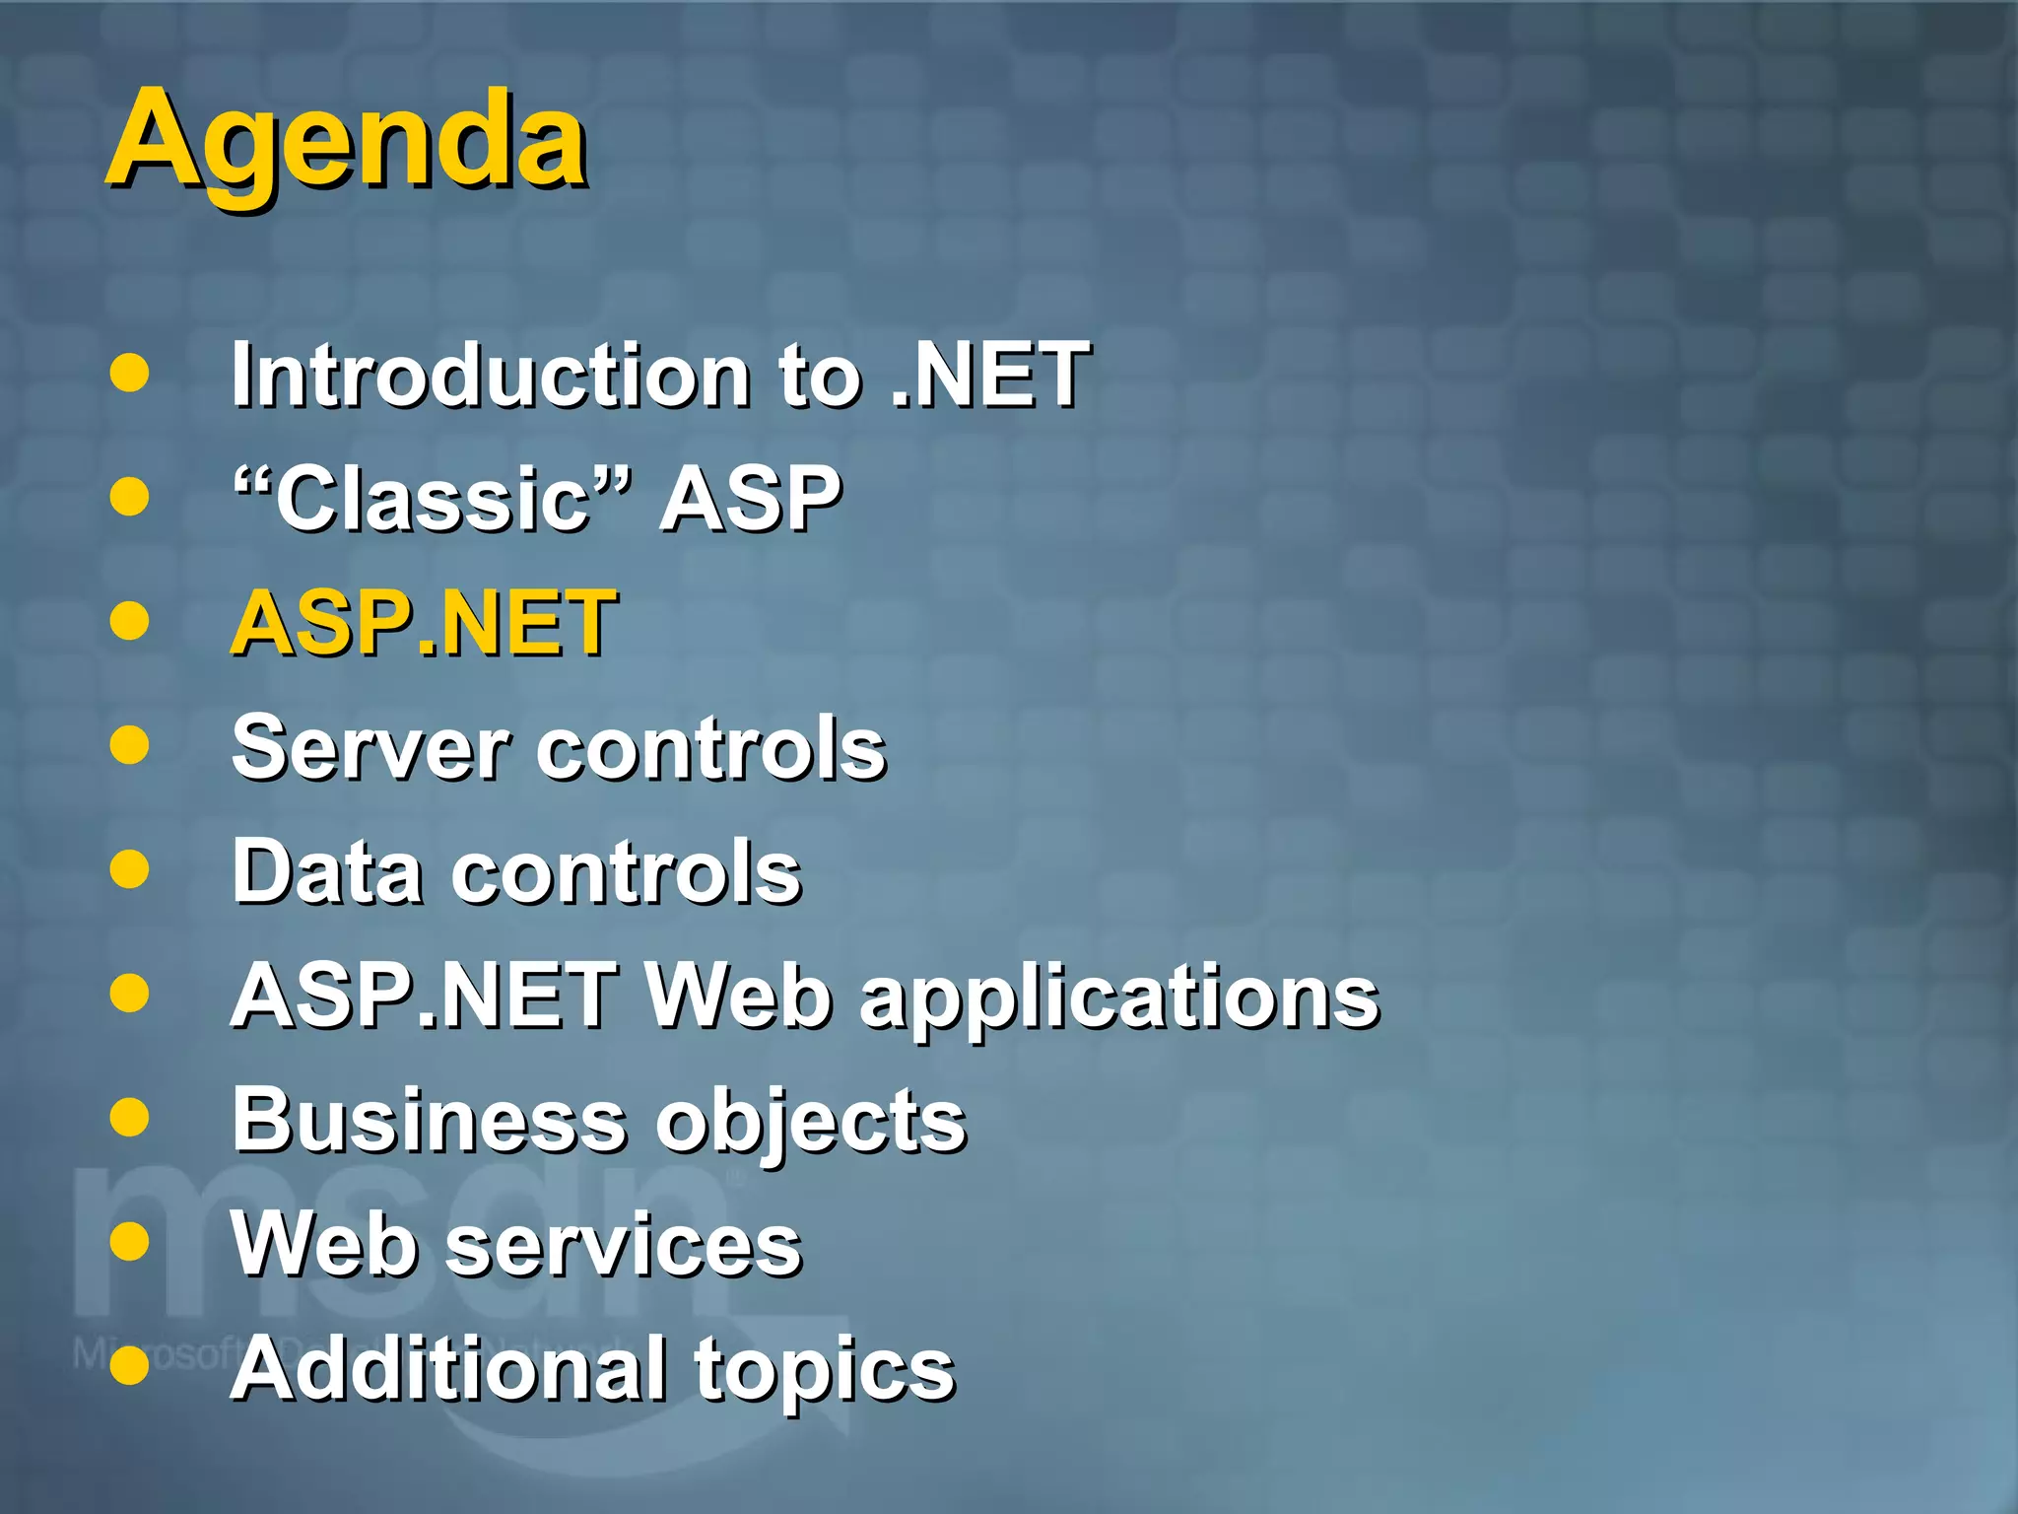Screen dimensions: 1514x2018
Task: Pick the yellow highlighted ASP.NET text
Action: tap(424, 623)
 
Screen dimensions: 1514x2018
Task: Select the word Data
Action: tap(327, 871)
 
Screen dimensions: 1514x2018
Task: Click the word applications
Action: tap(1119, 998)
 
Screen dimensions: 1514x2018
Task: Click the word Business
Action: tap(429, 1120)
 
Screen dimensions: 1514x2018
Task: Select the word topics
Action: tap(825, 1372)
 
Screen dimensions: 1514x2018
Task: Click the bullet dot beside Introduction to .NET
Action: tap(129, 374)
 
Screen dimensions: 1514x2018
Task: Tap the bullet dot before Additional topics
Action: tap(129, 1366)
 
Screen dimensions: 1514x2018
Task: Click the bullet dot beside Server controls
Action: tap(129, 745)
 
